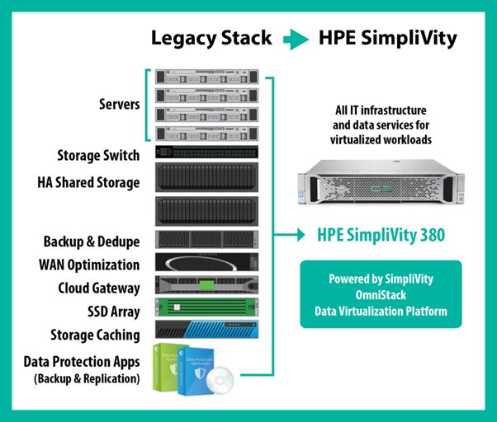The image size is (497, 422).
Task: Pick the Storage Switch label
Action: [x=98, y=155]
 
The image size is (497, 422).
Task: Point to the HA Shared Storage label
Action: [x=88, y=182]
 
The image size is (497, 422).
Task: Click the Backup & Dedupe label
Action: [x=92, y=241]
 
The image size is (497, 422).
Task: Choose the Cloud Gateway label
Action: [x=98, y=288]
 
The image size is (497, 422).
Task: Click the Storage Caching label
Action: [x=94, y=334]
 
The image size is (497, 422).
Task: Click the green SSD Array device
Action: [x=205, y=308]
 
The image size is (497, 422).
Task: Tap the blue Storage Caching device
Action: [x=205, y=331]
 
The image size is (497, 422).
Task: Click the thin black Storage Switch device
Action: [x=205, y=152]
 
